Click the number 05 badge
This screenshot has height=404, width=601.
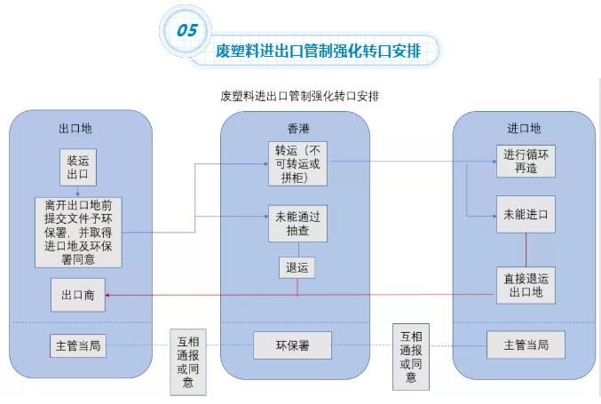(x=187, y=29)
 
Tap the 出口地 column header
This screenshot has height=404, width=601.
(x=75, y=128)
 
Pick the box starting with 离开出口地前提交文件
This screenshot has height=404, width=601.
(x=79, y=233)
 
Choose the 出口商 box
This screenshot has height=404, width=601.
(x=78, y=295)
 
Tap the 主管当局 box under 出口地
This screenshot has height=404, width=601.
(x=79, y=345)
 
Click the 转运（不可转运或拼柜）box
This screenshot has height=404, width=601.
(x=297, y=162)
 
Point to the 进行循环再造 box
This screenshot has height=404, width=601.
(x=526, y=161)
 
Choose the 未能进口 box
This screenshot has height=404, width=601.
(x=526, y=215)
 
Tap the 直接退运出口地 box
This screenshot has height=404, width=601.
(x=526, y=284)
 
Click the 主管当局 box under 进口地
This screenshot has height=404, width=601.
(x=526, y=345)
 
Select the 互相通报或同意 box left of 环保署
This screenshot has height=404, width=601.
(x=187, y=360)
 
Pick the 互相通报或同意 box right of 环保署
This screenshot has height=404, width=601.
(x=410, y=355)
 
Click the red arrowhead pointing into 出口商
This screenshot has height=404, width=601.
(x=112, y=295)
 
